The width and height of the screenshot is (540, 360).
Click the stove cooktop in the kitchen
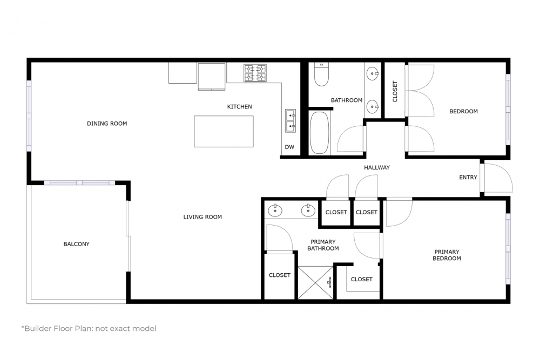(255, 73)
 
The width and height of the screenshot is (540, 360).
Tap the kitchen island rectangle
(224, 132)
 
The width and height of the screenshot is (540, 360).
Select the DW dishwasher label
(289, 147)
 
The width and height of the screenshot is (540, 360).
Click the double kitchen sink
(291, 121)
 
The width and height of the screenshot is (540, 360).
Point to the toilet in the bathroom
(321, 74)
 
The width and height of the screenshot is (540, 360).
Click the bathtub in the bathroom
(319, 133)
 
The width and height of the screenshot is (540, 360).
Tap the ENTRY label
(468, 177)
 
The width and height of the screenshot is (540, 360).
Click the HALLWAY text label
(377, 168)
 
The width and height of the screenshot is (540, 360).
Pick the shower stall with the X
(315, 282)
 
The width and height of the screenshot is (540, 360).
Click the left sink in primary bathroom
(275, 210)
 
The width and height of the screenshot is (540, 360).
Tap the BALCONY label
(77, 244)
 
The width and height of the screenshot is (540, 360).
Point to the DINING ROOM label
(107, 124)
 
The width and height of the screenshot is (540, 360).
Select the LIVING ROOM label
(202, 217)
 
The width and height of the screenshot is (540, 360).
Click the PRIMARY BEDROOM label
(447, 255)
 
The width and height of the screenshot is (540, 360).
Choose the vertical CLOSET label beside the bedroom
(395, 92)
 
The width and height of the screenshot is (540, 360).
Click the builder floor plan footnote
(89, 329)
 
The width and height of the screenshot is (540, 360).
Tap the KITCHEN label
(239, 107)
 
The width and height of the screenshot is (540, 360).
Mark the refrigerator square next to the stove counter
(212, 77)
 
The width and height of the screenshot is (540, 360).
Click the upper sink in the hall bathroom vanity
(373, 73)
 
